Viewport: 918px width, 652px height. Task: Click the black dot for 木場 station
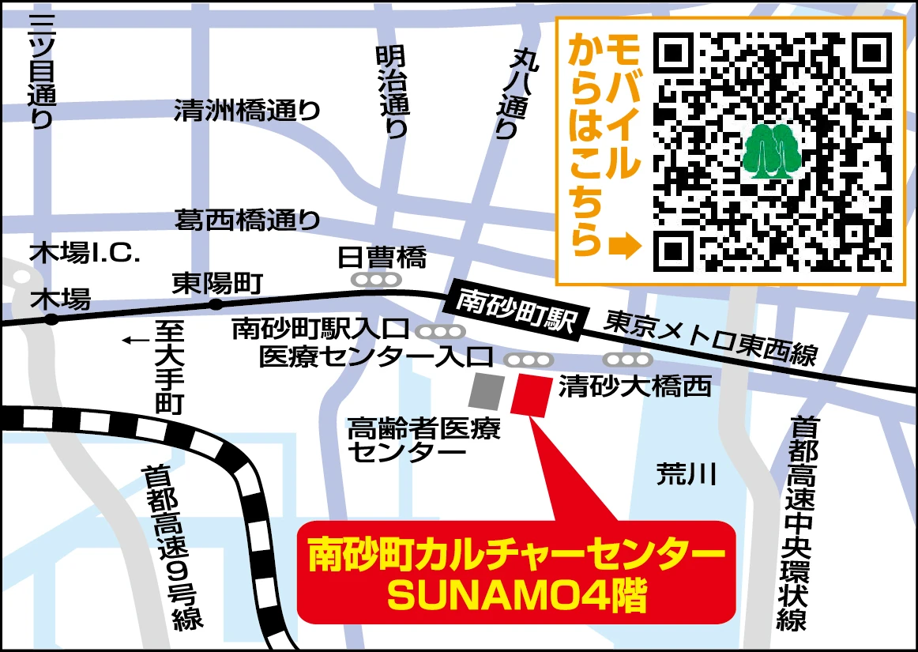(x=51, y=319)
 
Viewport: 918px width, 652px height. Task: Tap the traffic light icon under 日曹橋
(x=376, y=280)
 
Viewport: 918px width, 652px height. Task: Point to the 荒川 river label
(x=686, y=474)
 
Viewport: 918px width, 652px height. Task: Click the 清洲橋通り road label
(x=246, y=110)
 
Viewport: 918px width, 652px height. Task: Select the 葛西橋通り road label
(x=246, y=219)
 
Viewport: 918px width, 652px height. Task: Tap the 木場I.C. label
(x=85, y=254)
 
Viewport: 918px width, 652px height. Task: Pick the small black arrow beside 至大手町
(x=135, y=341)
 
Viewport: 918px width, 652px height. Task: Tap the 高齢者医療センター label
(x=423, y=440)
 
